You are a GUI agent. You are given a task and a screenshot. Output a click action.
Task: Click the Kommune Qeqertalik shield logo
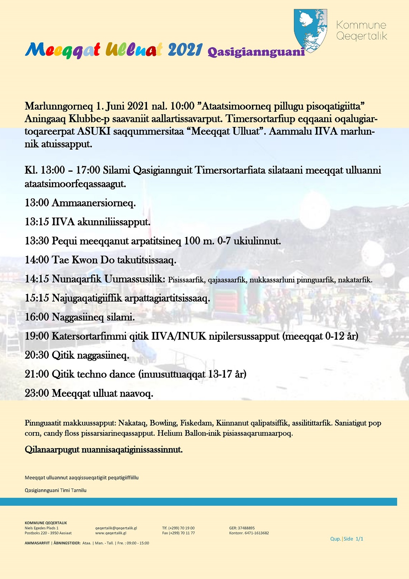310,30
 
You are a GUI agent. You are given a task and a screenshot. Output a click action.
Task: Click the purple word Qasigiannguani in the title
256,52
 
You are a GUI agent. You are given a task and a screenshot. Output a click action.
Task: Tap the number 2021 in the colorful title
185,50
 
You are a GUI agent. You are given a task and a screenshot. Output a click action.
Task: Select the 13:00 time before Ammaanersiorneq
37,203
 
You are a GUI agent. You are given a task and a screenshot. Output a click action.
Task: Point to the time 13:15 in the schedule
37,222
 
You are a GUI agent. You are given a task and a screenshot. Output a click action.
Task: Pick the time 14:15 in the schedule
37,279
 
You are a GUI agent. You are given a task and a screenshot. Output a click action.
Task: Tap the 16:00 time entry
37,317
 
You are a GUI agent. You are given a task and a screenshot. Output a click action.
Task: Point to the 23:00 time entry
37,393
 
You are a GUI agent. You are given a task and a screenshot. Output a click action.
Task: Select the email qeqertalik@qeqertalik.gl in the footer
116,528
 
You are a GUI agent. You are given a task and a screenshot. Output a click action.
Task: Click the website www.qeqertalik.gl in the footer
111,533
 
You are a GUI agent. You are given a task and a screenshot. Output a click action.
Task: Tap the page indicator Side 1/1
353,539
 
